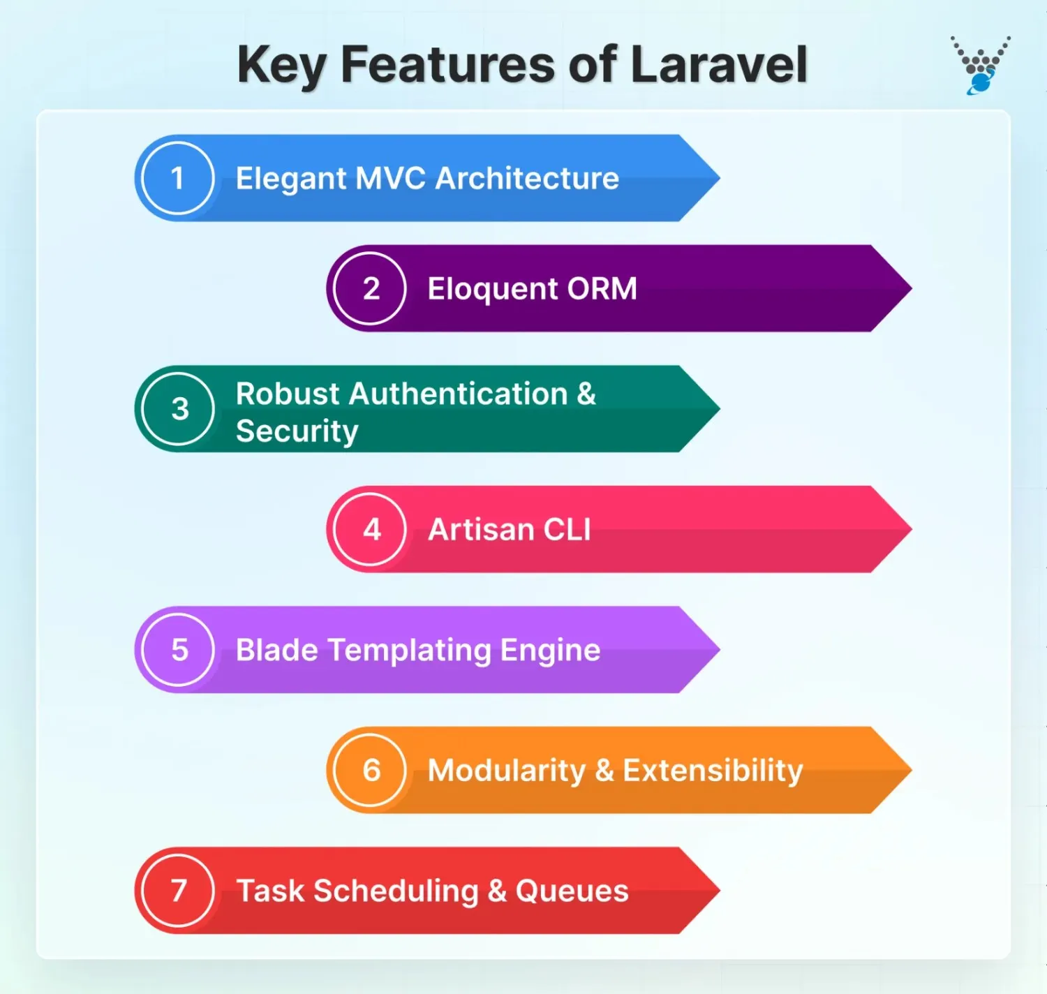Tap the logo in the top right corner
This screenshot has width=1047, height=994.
980,65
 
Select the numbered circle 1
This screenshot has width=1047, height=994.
177,178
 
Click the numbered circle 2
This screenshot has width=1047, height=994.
370,288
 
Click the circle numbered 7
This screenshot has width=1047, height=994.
178,891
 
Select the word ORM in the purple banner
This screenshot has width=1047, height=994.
602,288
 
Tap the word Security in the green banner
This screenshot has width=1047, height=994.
297,431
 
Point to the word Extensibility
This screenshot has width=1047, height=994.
713,770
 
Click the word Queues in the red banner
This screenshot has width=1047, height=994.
572,891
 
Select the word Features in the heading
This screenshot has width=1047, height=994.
447,64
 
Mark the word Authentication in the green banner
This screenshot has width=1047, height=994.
459,394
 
